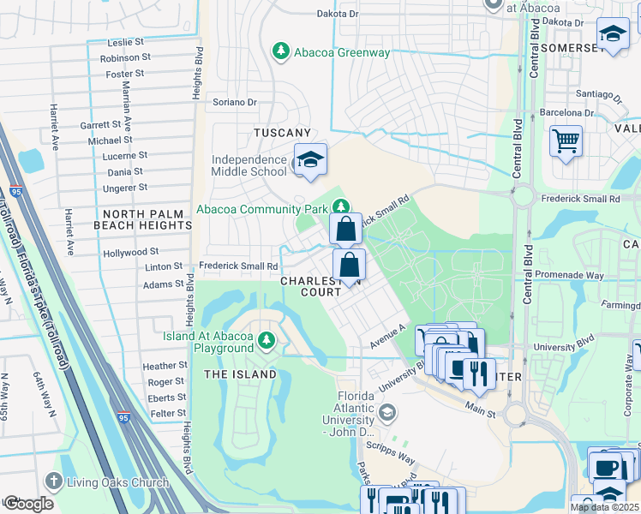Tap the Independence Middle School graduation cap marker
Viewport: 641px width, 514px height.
[x=310, y=159]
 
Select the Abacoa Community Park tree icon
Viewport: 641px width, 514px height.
[x=341, y=206]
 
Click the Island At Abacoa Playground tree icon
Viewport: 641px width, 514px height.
[x=267, y=342]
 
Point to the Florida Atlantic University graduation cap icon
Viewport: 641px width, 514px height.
[x=387, y=415]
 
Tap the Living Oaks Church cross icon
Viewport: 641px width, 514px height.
[x=55, y=482]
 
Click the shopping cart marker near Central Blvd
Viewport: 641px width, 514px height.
[x=566, y=140]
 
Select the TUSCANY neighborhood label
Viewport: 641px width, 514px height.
[x=281, y=133]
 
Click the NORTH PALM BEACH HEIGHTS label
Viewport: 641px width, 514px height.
[x=147, y=219]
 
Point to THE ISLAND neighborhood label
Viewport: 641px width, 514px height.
[x=240, y=374]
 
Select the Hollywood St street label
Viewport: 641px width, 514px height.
[x=130, y=252]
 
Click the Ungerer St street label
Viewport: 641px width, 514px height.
[x=127, y=187]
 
